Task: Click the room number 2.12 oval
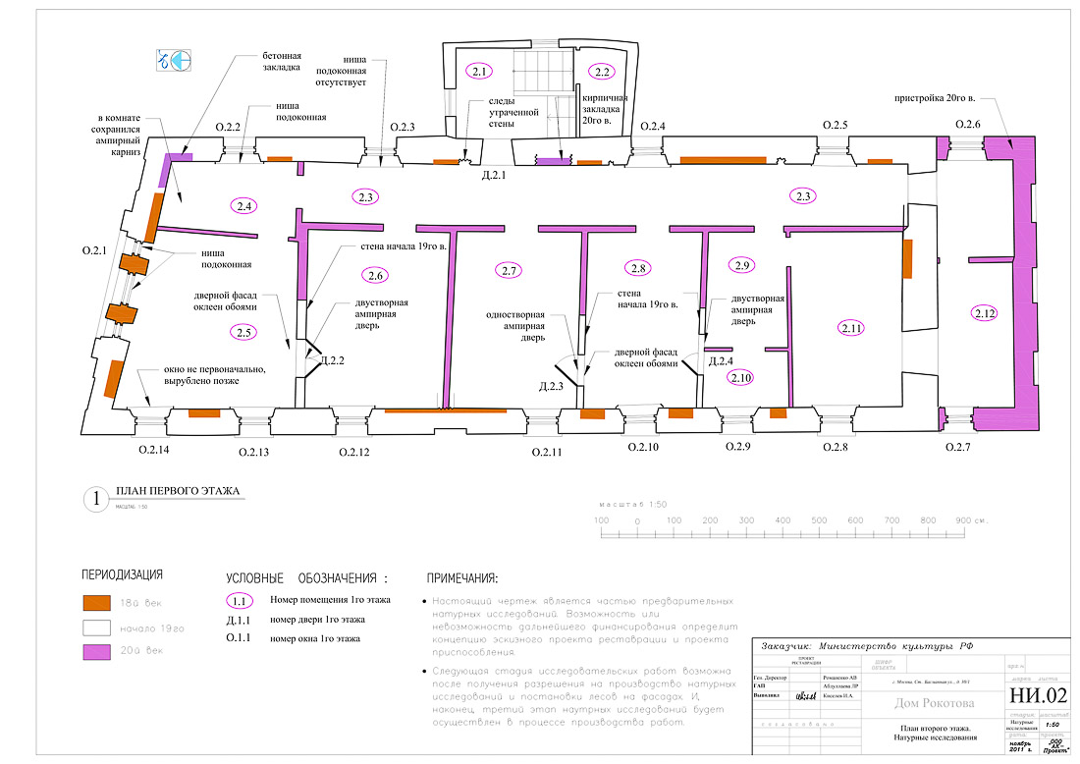tap(985, 313)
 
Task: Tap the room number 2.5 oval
tap(244, 332)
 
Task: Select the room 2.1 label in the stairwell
tap(479, 71)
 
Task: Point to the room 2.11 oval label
tap(850, 329)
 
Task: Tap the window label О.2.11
tap(547, 452)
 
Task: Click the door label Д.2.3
tap(551, 387)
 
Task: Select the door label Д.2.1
tap(493, 176)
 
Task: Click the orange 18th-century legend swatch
tap(95, 602)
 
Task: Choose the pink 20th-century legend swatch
tap(95, 651)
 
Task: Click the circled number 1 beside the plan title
tap(96, 499)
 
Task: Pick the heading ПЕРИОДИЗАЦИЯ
tap(122, 574)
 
